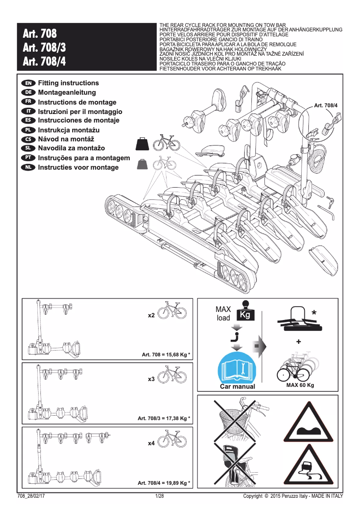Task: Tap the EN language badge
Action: (28, 83)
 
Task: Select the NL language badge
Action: (28, 167)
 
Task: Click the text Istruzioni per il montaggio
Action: (80, 111)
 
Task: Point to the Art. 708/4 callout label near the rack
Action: (325, 105)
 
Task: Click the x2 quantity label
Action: (151, 316)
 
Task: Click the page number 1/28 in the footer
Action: (159, 496)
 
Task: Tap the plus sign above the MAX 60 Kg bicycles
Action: (299, 342)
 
